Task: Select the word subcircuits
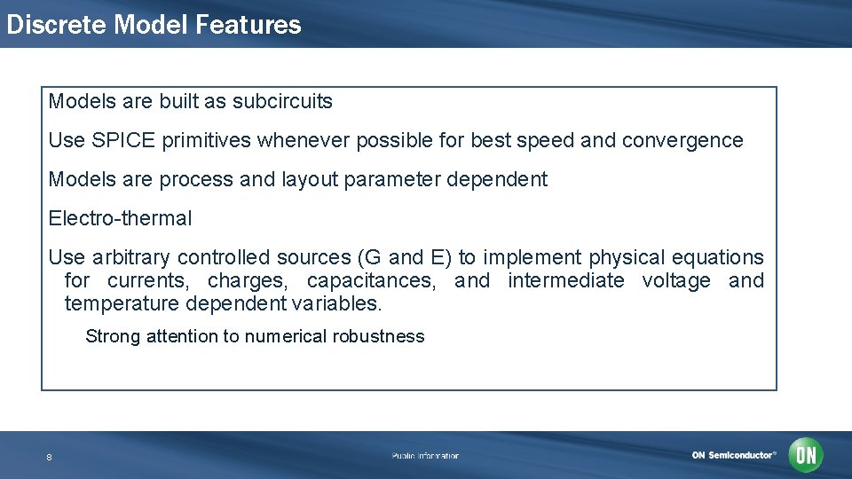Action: pyautogui.click(x=282, y=101)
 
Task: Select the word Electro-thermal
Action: pyautogui.click(x=120, y=218)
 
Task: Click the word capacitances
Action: pyautogui.click(x=371, y=281)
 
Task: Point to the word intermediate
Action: pyautogui.click(x=566, y=281)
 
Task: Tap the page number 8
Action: pyautogui.click(x=49, y=457)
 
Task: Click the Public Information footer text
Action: pyautogui.click(x=425, y=456)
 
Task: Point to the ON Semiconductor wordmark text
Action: pyautogui.click(x=734, y=455)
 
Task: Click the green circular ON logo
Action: pyautogui.click(x=806, y=455)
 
